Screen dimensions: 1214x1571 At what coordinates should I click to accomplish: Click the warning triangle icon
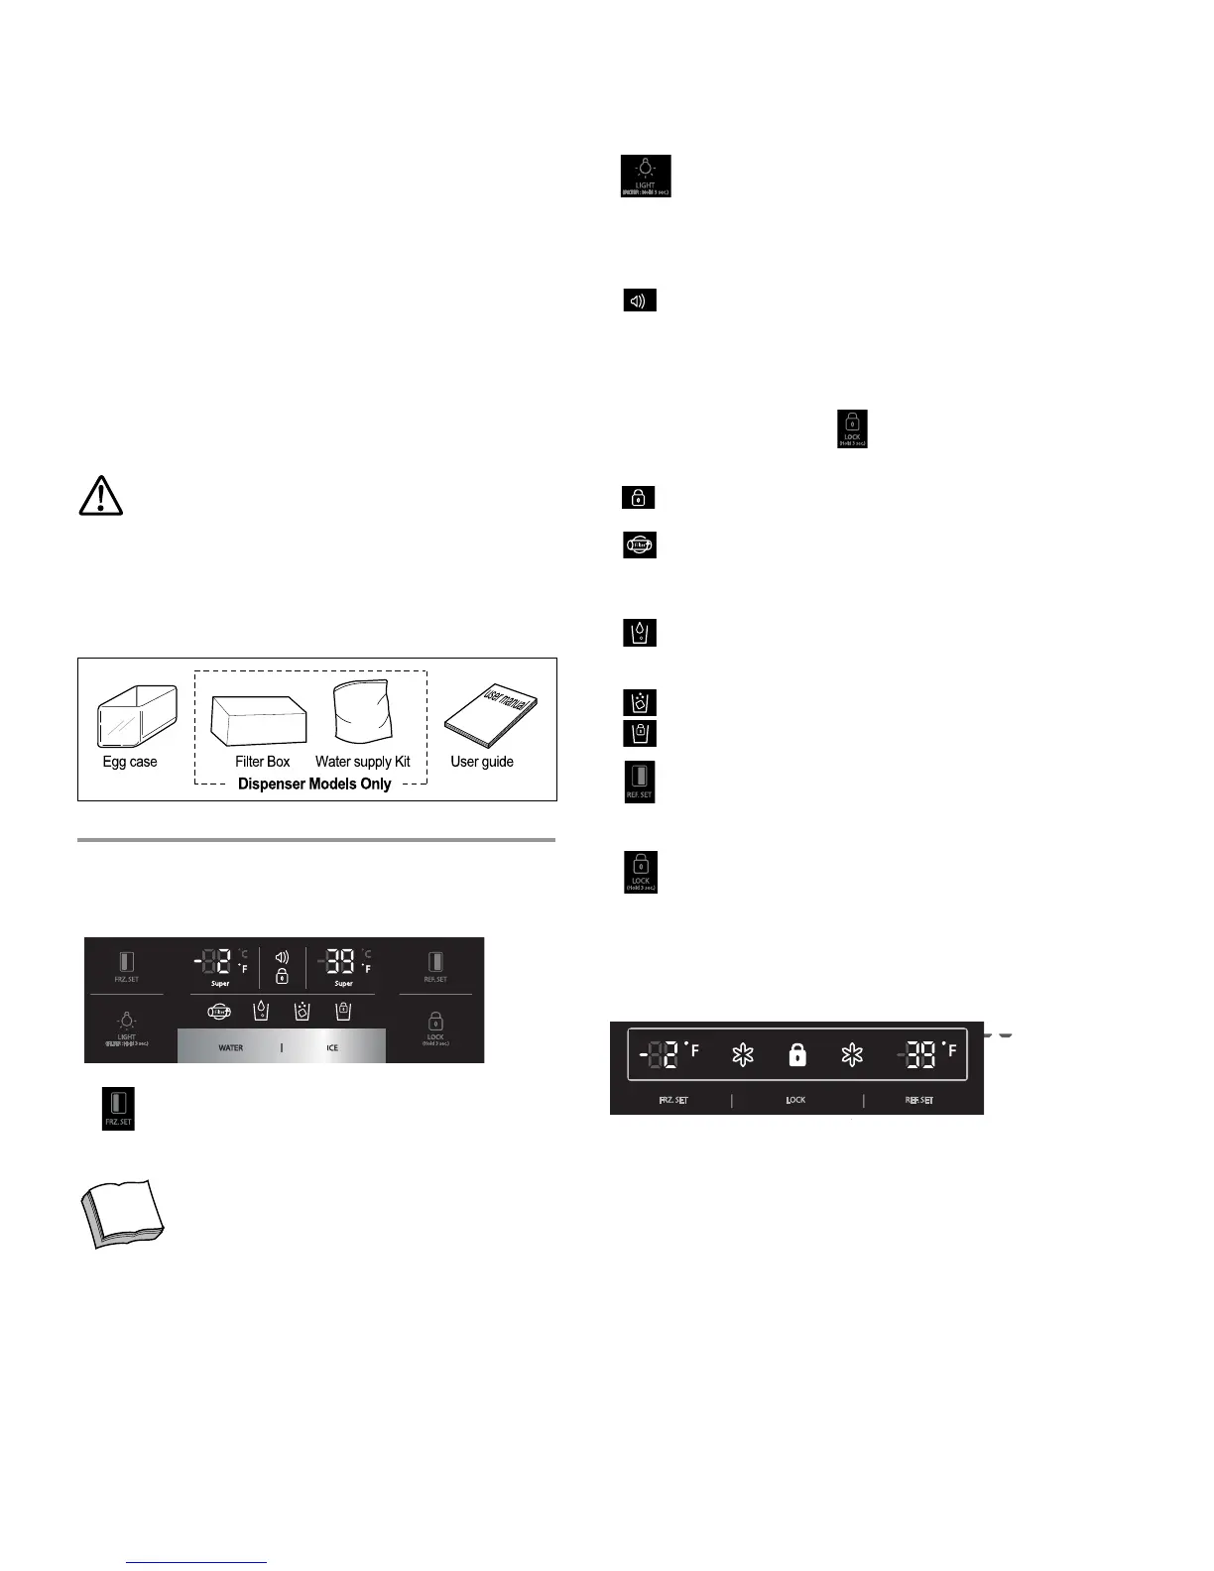tap(100, 495)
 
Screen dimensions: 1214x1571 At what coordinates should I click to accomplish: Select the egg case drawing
tap(137, 715)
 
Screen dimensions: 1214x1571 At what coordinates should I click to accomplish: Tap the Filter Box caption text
tap(263, 762)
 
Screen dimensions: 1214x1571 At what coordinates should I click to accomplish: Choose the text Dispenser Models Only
tap(314, 784)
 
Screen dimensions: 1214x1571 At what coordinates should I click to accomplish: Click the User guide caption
tap(482, 762)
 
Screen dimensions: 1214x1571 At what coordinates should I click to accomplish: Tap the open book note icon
tap(121, 1212)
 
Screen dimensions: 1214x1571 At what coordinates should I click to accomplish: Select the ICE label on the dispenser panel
tap(332, 1047)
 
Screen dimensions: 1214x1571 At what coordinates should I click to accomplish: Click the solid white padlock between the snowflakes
tap(796, 1055)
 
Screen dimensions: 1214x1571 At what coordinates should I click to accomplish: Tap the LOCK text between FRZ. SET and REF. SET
tap(795, 1100)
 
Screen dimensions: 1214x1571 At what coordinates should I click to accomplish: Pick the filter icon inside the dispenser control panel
tap(219, 1012)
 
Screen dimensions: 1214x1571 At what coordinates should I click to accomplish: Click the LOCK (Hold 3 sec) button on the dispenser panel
tap(435, 1027)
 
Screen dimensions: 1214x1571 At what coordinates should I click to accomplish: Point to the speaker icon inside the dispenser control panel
tap(282, 957)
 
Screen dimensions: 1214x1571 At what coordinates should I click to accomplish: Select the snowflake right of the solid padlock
tap(851, 1055)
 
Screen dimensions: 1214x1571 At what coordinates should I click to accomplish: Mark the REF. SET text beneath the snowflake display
tap(918, 1100)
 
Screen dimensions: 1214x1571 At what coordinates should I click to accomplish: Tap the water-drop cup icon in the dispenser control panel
tap(261, 1011)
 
